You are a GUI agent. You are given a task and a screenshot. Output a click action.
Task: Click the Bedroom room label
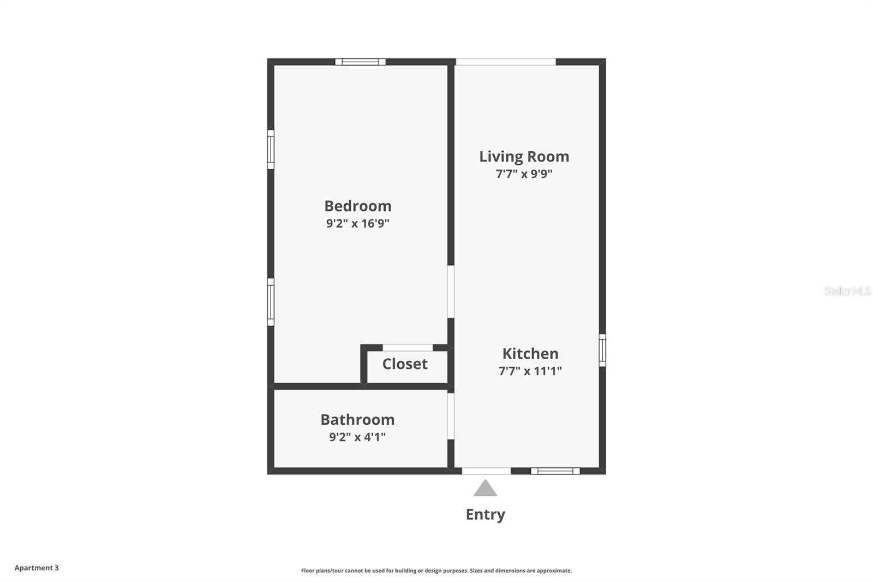(x=358, y=206)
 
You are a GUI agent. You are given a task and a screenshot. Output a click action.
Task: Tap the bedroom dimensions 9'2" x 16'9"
(x=358, y=223)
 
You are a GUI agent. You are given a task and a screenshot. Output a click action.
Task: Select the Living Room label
(x=524, y=157)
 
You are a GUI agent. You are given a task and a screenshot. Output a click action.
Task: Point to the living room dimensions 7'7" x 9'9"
(x=524, y=174)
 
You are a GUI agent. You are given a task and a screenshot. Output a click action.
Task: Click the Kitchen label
(x=530, y=353)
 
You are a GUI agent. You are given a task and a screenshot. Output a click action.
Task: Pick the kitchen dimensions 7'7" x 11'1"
(x=530, y=371)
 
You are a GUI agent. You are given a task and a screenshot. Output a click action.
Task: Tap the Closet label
(x=405, y=364)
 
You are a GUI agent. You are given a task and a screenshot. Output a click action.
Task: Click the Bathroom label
(x=357, y=419)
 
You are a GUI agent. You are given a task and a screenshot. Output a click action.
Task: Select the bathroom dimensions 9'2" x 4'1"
(x=357, y=437)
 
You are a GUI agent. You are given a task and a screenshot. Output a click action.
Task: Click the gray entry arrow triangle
(x=485, y=489)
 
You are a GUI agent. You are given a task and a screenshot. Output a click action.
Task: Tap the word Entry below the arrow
(x=485, y=514)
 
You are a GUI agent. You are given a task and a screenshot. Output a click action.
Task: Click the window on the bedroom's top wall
(x=360, y=62)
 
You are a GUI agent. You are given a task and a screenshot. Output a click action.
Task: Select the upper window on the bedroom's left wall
(x=271, y=149)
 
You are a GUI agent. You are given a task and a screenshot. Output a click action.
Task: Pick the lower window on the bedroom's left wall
(x=271, y=302)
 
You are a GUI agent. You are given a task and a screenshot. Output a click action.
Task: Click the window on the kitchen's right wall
(x=602, y=351)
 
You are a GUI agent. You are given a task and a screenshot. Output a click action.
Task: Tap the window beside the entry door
(x=555, y=471)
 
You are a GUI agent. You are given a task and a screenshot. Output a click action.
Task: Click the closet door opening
(x=408, y=348)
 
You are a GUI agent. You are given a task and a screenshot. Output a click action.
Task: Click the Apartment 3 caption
(x=37, y=568)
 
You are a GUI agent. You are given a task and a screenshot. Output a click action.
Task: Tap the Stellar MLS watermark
(x=847, y=291)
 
